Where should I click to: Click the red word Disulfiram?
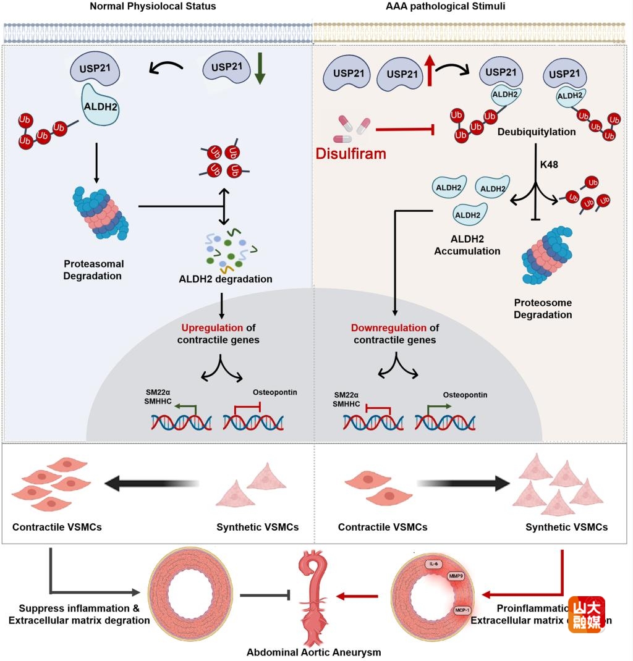coord(350,153)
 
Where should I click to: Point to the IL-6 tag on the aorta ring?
coord(433,564)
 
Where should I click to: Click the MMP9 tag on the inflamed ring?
coord(456,576)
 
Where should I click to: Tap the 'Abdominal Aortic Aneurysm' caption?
coord(313,652)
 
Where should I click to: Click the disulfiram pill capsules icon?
coord(351,128)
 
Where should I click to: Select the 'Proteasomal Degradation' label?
coord(93,269)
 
